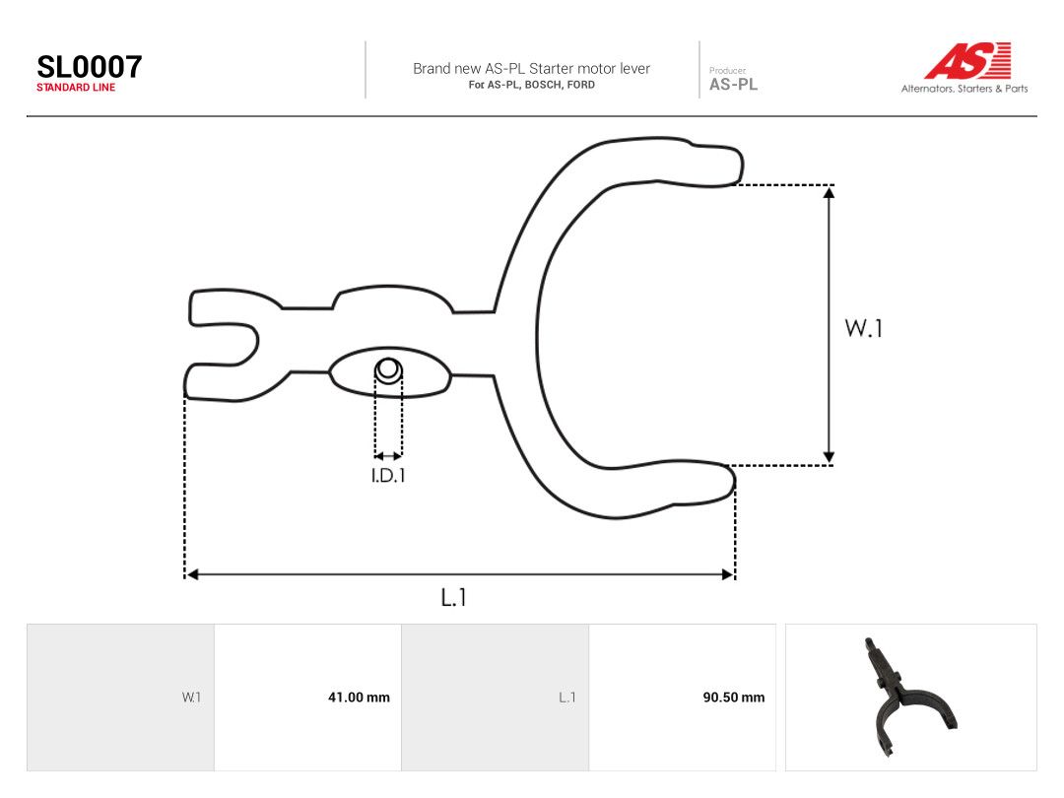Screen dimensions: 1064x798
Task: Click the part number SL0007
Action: coord(90,67)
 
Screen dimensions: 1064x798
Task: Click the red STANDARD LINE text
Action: coord(76,88)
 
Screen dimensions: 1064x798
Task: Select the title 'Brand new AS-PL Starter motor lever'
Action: coord(531,69)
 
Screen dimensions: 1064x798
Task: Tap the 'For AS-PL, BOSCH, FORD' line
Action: coord(531,85)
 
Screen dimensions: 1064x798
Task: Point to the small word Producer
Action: coord(727,71)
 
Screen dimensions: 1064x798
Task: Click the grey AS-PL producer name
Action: coord(734,84)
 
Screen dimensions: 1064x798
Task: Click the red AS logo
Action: coord(968,60)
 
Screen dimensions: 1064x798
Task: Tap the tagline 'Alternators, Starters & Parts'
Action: coord(964,89)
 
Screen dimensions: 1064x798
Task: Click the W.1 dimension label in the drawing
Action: coord(864,328)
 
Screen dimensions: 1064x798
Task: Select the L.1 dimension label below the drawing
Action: coord(453,597)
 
